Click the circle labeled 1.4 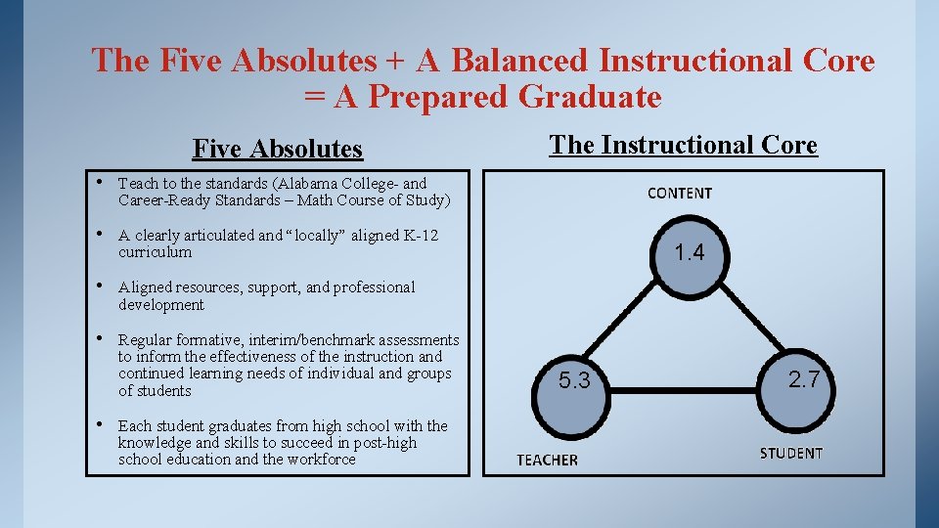pyautogui.click(x=690, y=253)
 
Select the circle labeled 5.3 pyautogui.click(x=574, y=380)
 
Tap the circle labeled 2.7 pyautogui.click(x=804, y=379)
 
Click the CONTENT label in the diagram pyautogui.click(x=680, y=194)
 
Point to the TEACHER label pyautogui.click(x=547, y=460)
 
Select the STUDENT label pyautogui.click(x=791, y=453)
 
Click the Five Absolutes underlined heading pyautogui.click(x=278, y=149)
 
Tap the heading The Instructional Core pyautogui.click(x=683, y=145)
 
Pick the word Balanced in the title pyautogui.click(x=519, y=61)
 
